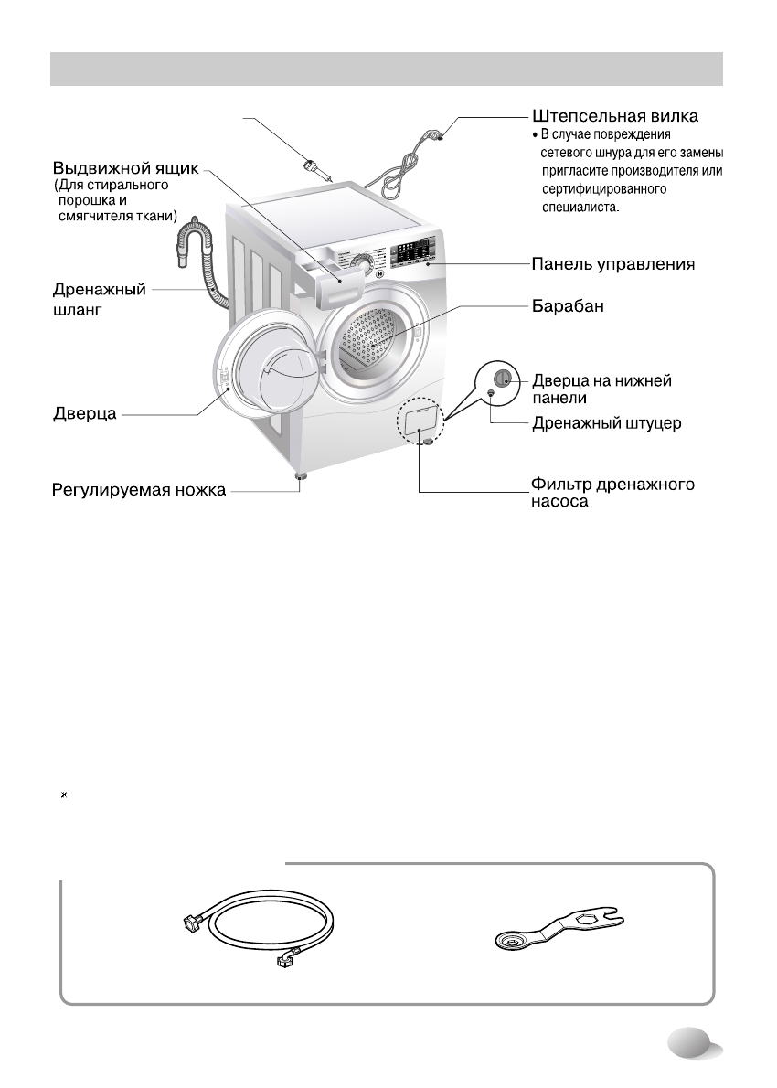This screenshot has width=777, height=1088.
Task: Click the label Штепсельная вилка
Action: pos(616,117)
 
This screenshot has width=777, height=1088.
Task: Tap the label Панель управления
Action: pos(614,265)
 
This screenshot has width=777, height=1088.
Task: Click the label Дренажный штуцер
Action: pos(607,425)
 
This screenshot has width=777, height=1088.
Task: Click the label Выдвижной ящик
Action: pos(124,169)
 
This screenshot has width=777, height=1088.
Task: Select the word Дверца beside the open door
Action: pos(82,415)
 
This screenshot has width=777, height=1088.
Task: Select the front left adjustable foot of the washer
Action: pos(299,476)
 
